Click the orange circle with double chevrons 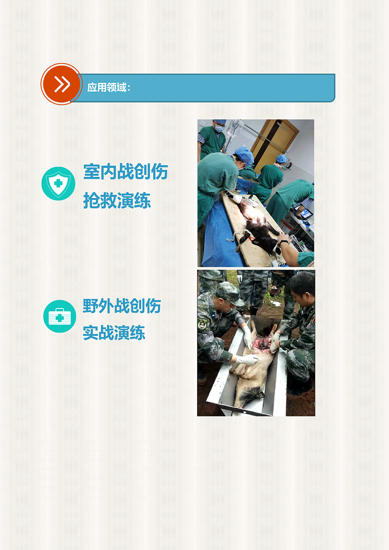pos(61,84)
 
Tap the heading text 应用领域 pos(107,87)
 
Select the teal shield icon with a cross pos(58,184)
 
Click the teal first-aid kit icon pos(60,317)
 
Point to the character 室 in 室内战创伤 pos(91,172)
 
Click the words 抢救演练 pos(117,200)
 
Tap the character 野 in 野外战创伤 pos(90,306)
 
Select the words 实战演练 pos(114,333)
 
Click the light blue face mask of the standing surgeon pos(219,128)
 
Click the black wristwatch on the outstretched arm pos(284,242)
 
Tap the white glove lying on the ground pos(276,303)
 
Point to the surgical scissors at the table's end pos(277,258)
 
